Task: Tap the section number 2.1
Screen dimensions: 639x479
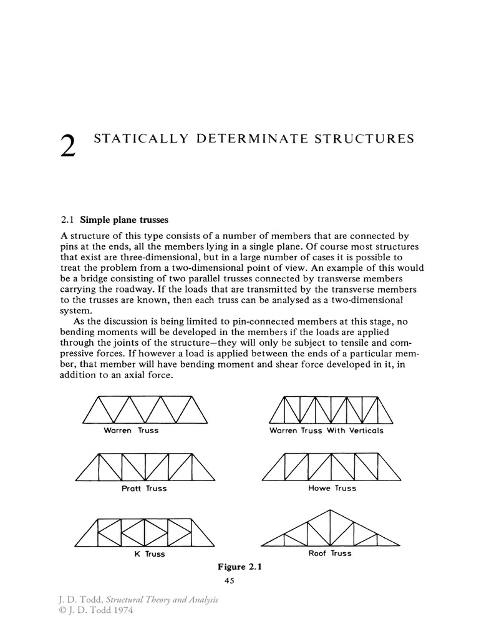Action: [67, 220]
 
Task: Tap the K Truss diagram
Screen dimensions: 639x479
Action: [144, 531]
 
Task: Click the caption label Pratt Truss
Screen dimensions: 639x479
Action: [144, 489]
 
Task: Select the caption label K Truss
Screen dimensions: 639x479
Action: [150, 554]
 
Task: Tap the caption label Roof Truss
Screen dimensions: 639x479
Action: [330, 553]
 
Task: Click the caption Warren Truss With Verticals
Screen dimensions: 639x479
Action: [326, 431]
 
